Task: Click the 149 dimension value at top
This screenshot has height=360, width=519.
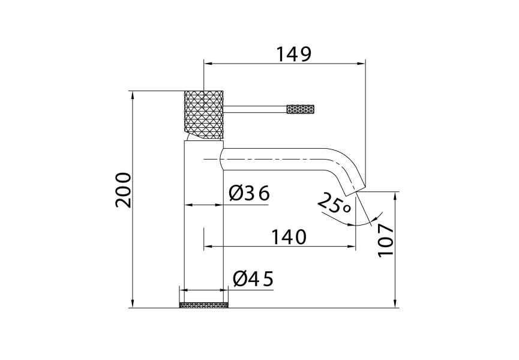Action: click(294, 54)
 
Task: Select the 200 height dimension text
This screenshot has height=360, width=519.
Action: click(123, 190)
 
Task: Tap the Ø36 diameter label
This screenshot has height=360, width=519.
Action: click(250, 193)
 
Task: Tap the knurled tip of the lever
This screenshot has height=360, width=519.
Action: click(301, 109)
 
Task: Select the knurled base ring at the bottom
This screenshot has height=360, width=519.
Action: click(204, 305)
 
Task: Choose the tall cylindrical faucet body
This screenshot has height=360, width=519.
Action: click(203, 228)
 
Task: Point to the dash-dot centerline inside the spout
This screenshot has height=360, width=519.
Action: click(276, 158)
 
